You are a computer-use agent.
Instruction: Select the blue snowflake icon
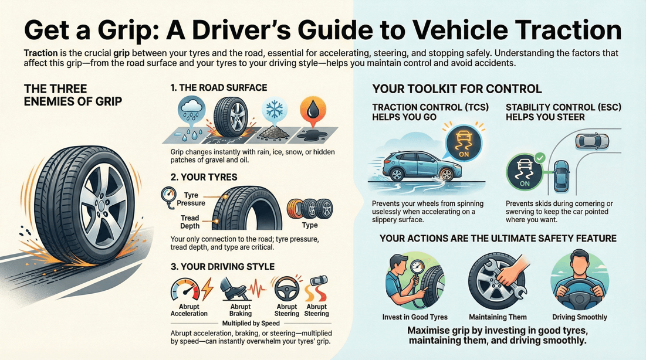[273, 110]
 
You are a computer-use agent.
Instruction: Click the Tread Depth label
[190, 222]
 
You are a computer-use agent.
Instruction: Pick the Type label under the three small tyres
[309, 225]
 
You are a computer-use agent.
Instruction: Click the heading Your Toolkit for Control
[457, 90]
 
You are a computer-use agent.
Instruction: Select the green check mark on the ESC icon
[540, 158]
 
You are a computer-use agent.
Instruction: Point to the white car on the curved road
[592, 141]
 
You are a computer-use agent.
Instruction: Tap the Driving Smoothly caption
[579, 317]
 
